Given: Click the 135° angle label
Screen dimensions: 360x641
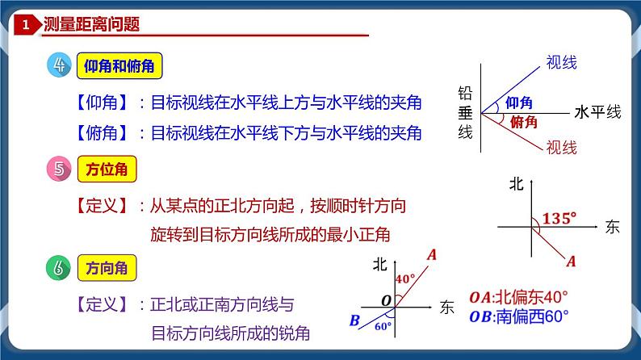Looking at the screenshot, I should pyautogui.click(x=559, y=217).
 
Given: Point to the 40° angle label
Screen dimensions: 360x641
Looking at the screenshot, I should pyautogui.click(x=405, y=278).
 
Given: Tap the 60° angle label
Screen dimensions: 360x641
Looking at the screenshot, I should pyautogui.click(x=383, y=326).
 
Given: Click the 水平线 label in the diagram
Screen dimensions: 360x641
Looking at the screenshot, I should pyautogui.click(x=597, y=112).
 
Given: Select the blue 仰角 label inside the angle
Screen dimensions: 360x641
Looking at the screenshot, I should pyautogui.click(x=519, y=103).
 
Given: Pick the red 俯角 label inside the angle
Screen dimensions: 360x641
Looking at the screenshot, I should pyautogui.click(x=525, y=122).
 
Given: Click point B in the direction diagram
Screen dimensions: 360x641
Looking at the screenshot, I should pyautogui.click(x=354, y=321).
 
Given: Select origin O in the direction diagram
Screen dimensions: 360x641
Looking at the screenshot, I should pyautogui.click(x=386, y=300).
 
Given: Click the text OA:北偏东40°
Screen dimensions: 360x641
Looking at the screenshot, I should pyautogui.click(x=518, y=295).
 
